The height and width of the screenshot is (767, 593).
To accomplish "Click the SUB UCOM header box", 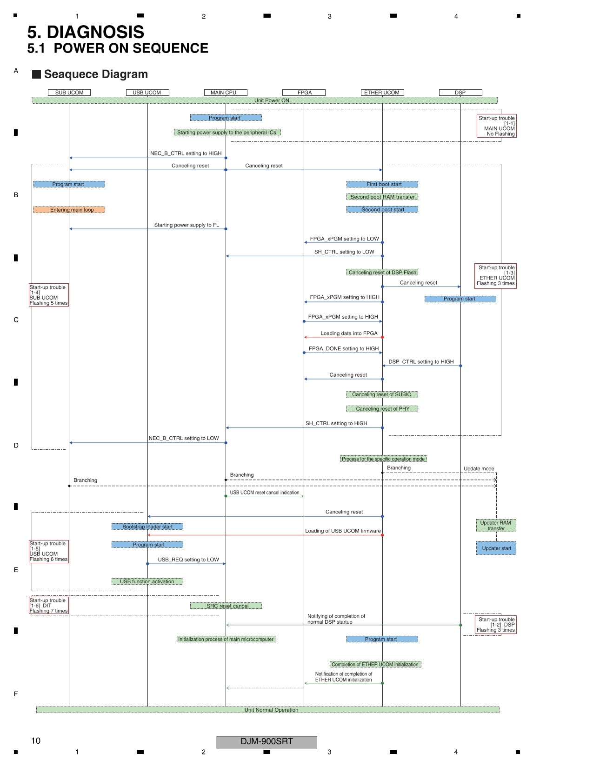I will point(69,93).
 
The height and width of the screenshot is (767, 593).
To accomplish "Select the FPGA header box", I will point(304,93).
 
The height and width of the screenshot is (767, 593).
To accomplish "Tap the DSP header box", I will point(460,93).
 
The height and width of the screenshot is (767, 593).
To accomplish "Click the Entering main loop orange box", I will point(69,210).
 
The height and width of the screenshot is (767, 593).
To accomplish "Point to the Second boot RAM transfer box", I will point(382,197).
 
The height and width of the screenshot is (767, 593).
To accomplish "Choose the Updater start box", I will point(496,548).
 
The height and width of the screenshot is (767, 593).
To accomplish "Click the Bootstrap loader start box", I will point(147,527).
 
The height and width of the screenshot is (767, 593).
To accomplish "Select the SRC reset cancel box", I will point(226,606).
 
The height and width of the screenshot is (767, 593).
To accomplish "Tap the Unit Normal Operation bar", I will point(268,710).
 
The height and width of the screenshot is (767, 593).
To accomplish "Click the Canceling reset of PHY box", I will point(382,409).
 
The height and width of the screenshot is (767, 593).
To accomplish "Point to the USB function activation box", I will point(147,581).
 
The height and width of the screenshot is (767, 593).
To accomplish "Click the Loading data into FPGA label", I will point(349,333).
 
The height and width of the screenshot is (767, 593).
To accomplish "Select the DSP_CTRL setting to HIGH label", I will point(421,361).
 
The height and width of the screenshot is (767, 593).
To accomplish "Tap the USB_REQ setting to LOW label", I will point(188,560).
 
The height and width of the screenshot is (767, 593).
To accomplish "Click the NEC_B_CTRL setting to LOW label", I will point(184,438).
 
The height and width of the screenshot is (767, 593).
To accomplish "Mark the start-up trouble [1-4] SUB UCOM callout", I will point(49,295).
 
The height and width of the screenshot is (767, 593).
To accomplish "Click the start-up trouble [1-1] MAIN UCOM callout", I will point(496,126).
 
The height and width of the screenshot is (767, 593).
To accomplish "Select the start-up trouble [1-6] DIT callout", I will point(49,606).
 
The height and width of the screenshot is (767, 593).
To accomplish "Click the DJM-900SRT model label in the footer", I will point(267,741).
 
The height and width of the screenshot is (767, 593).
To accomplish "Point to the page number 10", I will point(36,741).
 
